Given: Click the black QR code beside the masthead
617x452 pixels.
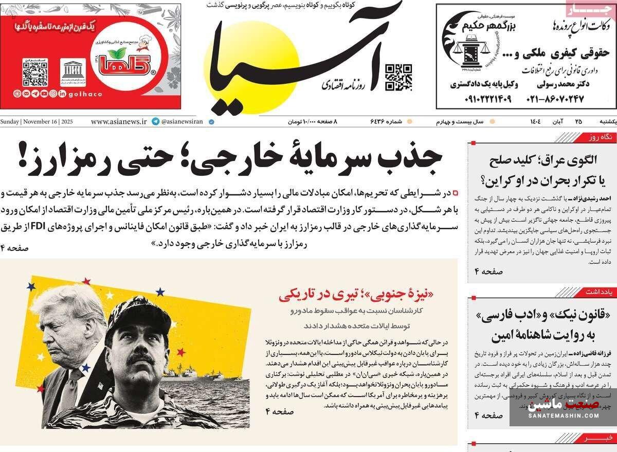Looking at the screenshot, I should [x=399, y=77].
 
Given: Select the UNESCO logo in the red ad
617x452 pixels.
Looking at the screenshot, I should [x=71, y=73].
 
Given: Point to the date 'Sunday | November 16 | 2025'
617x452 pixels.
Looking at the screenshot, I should [x=37, y=122].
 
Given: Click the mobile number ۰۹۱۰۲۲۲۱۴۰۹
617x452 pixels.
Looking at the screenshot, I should [x=481, y=98].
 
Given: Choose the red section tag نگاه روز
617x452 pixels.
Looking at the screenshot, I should [x=600, y=138].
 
